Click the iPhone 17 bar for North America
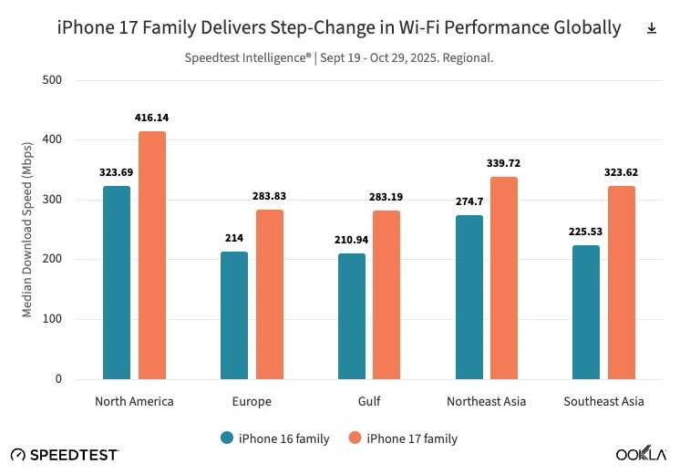click(152, 255)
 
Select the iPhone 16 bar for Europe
click(234, 314)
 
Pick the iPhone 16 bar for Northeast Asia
click(469, 296)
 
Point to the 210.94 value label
click(351, 240)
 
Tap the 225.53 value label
click(585, 232)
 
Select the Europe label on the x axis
click(252, 401)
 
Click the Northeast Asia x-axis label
click(486, 401)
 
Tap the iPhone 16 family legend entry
click(275, 438)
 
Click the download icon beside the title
click(652, 28)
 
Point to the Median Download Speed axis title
click(28, 229)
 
